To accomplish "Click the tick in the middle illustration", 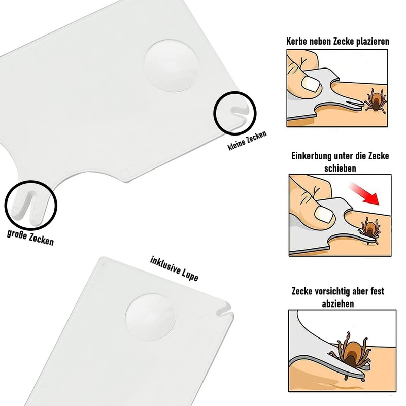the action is click(x=369, y=227).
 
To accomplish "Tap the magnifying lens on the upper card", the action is click(x=171, y=66).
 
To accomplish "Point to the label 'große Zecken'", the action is click(x=30, y=238).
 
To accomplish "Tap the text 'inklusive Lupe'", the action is click(x=174, y=269).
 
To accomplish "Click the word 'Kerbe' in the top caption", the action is click(x=298, y=42).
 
